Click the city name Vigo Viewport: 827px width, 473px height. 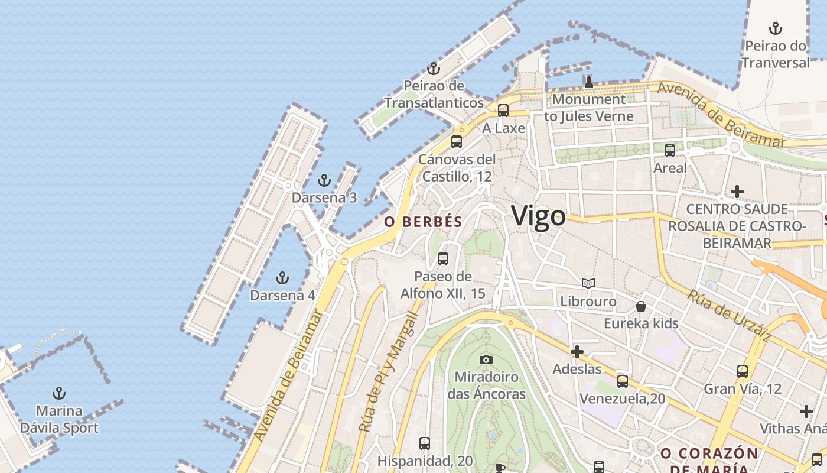pos(538,216)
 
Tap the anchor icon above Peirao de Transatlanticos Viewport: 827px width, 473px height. pos(434,69)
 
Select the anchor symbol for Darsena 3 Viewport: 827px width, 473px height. pos(324,180)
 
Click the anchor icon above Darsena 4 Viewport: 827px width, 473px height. pos(282,278)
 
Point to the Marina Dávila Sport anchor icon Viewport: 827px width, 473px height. pos(59,393)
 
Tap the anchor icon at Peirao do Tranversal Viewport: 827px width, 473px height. pos(775,28)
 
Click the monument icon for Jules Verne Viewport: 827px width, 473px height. pos(588,82)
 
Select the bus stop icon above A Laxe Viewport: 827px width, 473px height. pos(503,111)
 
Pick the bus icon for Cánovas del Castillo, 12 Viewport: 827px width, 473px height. pos(456,142)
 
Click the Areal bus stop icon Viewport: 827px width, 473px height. pos(669,151)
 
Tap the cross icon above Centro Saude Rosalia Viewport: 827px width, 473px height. pos(737,192)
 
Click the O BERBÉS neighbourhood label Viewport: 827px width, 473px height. pos(423,222)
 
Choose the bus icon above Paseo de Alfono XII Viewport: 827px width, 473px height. pos(442,259)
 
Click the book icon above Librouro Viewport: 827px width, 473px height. pos(588,284)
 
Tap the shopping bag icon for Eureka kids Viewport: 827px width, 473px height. pos(641,306)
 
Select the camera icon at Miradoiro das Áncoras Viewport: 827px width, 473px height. pos(486,359)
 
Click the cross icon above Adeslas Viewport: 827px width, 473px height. pos(577,352)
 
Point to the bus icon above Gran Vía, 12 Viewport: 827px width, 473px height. pos(742,371)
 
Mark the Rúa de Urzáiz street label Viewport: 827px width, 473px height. pos(728,315)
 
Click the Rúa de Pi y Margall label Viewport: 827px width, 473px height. pos(388,371)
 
